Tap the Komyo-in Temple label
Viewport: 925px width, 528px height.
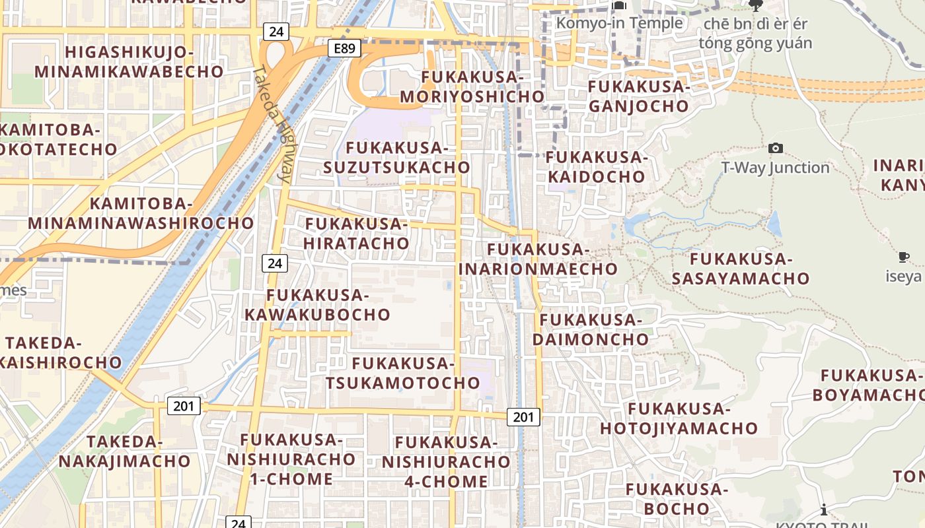(619, 23)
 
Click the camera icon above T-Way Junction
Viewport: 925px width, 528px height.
(776, 148)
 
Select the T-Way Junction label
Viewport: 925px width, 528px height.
(775, 168)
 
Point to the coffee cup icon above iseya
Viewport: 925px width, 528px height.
(904, 257)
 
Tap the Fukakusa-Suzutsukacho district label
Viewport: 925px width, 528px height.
(396, 158)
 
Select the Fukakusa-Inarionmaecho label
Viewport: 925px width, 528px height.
(538, 259)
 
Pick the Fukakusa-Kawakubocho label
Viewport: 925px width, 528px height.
(318, 305)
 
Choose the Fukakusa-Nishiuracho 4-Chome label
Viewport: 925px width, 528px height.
(446, 462)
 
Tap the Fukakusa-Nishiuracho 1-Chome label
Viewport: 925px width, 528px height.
(291, 459)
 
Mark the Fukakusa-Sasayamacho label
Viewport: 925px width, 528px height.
(741, 269)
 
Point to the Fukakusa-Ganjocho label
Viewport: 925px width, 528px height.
(639, 96)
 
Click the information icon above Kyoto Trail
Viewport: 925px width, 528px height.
(824, 510)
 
